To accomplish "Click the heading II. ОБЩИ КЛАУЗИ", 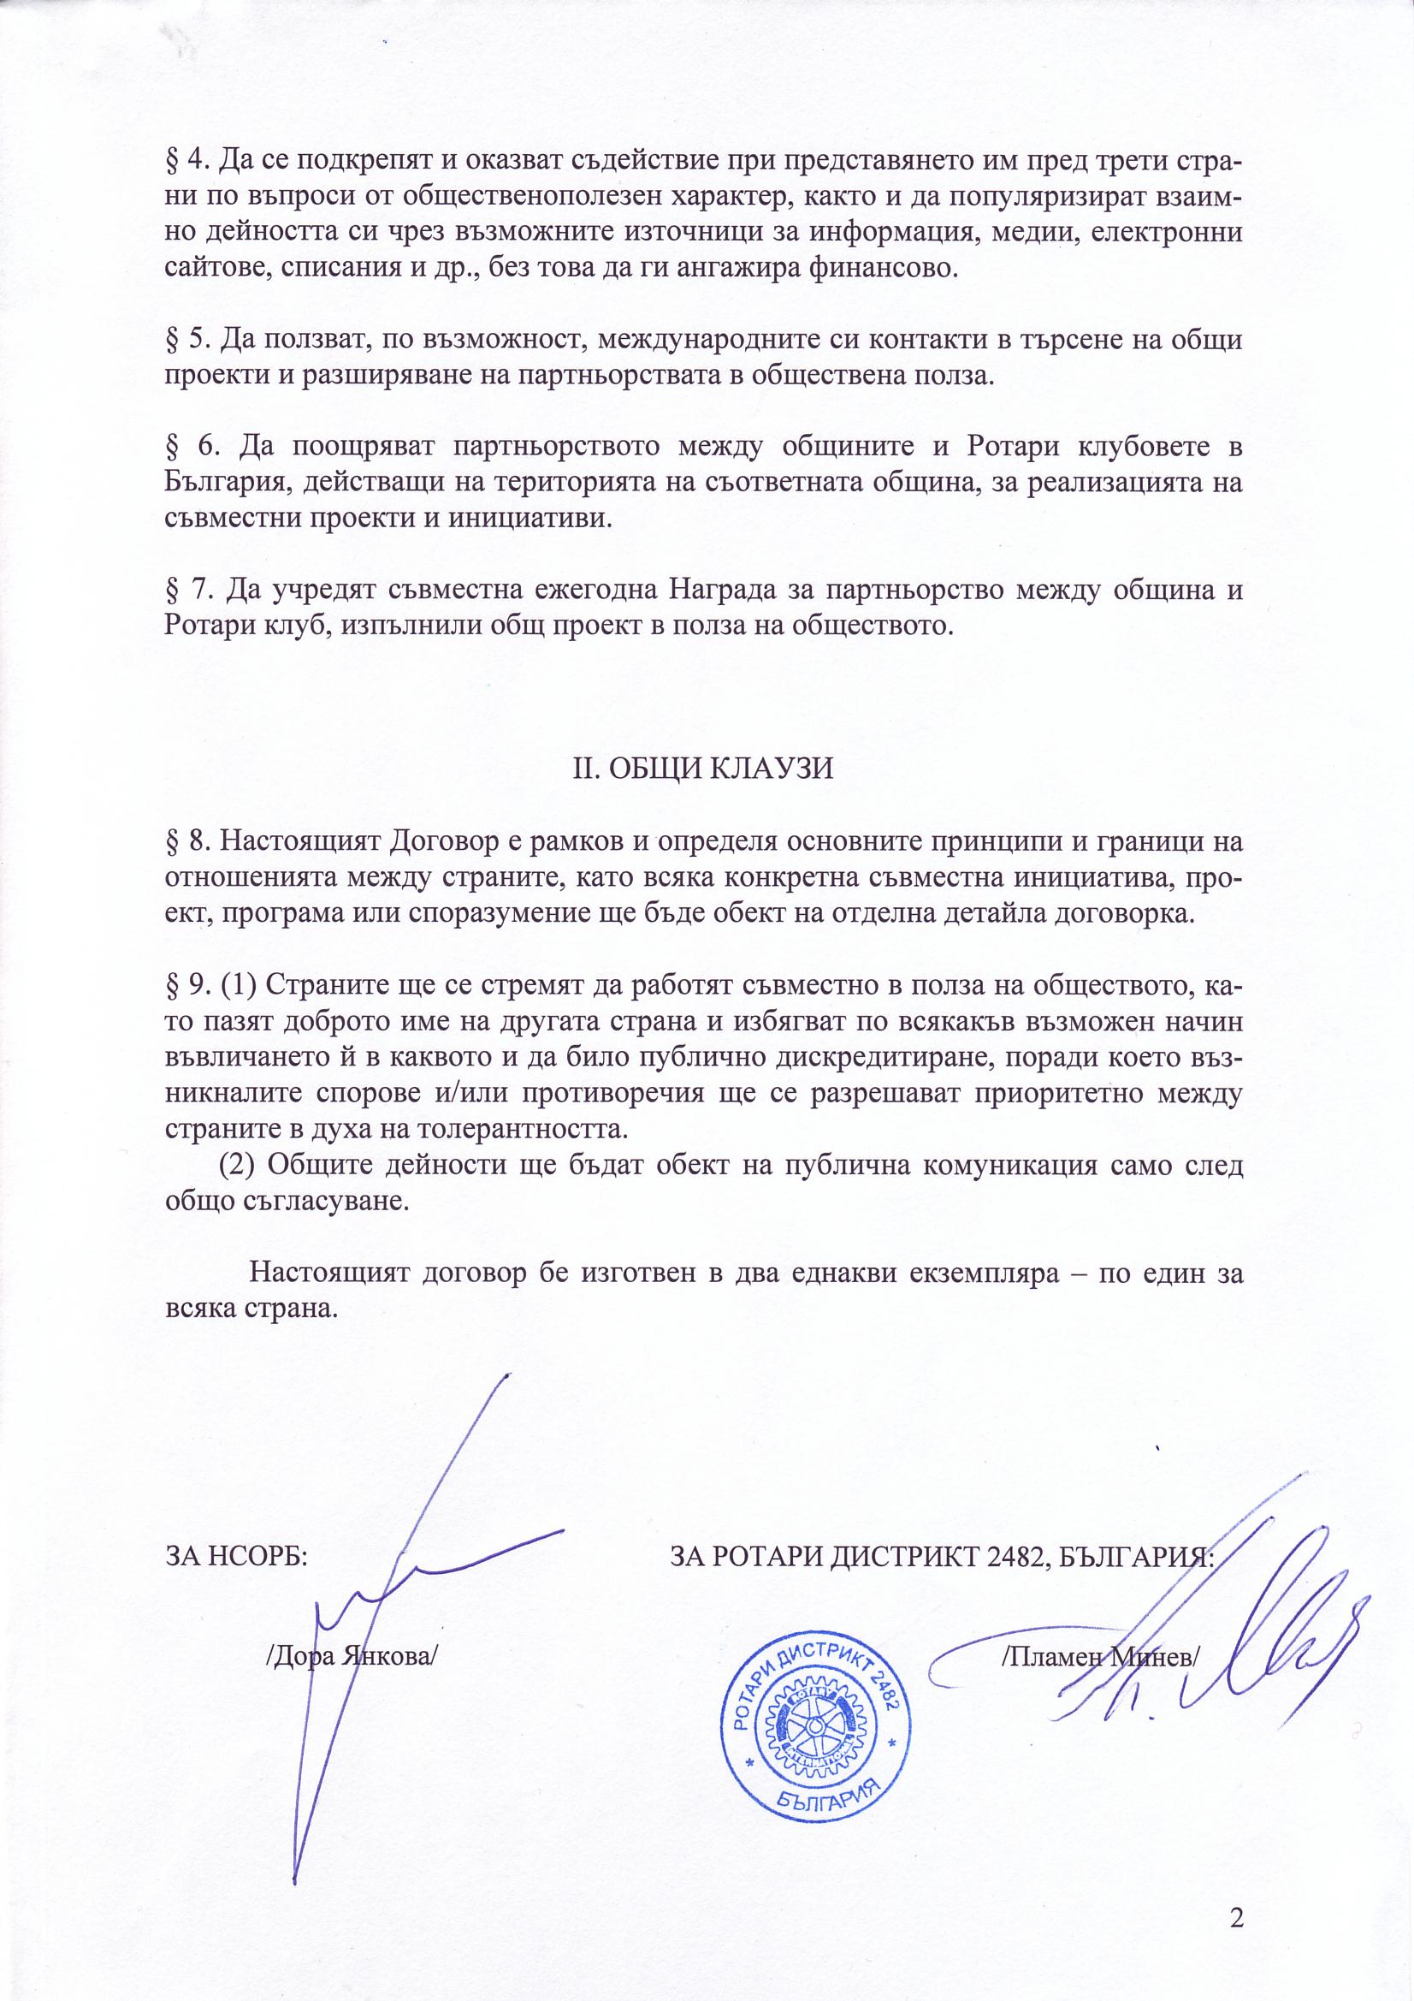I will click(702, 768).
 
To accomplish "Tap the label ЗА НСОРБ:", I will click(236, 1557).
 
